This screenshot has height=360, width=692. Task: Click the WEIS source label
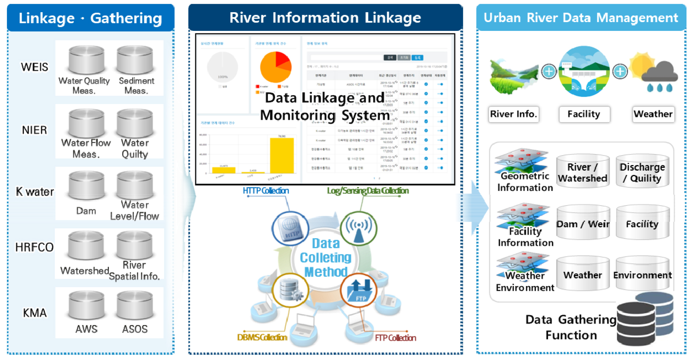coord(34,67)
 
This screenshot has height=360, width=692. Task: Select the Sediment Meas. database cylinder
coord(135,60)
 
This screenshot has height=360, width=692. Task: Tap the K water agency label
coord(35,192)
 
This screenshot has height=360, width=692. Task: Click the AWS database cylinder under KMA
coord(86,305)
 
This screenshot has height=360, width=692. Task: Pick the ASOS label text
coord(135,329)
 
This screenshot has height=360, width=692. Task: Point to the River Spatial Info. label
coord(134,271)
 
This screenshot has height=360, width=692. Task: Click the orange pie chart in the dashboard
coord(276,67)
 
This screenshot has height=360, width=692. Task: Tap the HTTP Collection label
coord(266,190)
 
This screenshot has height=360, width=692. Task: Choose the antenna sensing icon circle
coord(359,228)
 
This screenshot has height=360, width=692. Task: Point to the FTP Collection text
coord(395,338)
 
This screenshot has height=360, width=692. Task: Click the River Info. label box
coord(514,114)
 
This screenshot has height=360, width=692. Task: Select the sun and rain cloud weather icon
coord(653,72)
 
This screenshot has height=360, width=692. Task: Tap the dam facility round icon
coord(584,71)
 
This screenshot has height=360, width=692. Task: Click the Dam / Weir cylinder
coord(583,223)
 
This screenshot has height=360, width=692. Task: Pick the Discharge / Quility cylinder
coord(642,171)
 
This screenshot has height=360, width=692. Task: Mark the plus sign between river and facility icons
coord(549,71)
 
